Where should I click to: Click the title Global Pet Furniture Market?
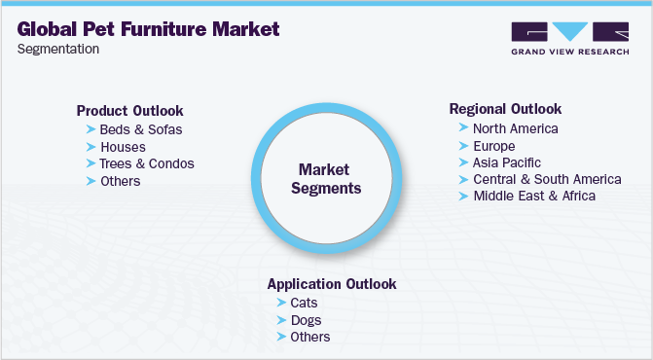click(148, 28)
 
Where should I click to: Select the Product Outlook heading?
click(129, 111)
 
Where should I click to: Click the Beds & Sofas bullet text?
click(141, 129)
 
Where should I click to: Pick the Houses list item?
click(123, 147)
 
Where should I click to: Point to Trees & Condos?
click(147, 163)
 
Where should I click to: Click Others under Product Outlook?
click(121, 181)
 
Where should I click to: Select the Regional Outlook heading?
click(505, 109)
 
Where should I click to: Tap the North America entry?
click(516, 127)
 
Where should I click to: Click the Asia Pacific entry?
click(507, 162)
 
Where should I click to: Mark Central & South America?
click(547, 179)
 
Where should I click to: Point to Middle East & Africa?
click(534, 196)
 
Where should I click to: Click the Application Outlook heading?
click(332, 284)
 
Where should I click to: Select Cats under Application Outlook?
click(305, 303)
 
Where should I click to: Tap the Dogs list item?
click(307, 320)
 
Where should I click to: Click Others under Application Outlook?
click(310, 337)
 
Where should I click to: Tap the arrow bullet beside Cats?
click(281, 303)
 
